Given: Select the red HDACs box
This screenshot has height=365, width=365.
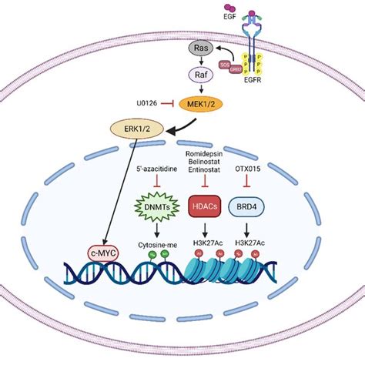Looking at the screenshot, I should [x=204, y=205].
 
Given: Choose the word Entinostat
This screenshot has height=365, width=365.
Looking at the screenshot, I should [x=205, y=170].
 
